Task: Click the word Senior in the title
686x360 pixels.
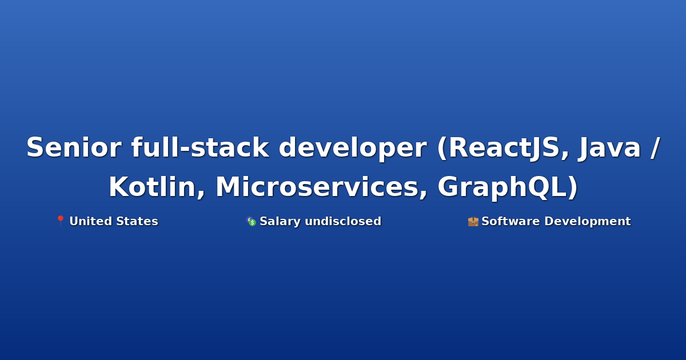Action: pyautogui.click(x=74, y=147)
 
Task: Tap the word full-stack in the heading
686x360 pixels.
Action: pyautogui.click(x=200, y=147)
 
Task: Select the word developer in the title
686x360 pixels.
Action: pyautogui.click(x=353, y=149)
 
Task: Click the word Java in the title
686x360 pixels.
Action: pyautogui.click(x=609, y=147)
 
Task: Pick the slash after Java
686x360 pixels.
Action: pyautogui.click(x=655, y=148)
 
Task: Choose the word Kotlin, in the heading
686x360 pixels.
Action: pyautogui.click(x=157, y=187)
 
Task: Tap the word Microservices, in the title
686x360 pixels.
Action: pyautogui.click(x=321, y=187)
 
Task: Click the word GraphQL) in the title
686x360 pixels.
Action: pyautogui.click(x=508, y=187)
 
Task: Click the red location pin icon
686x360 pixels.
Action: pyautogui.click(x=61, y=221)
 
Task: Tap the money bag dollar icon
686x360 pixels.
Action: pyautogui.click(x=251, y=221)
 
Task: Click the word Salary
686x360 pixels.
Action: pyautogui.click(x=280, y=222)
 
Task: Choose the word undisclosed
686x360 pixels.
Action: pyautogui.click(x=343, y=221)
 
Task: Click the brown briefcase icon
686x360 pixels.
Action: pyautogui.click(x=473, y=221)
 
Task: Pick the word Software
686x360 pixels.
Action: pyautogui.click(x=510, y=221)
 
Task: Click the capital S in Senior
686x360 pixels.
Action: pyautogui.click(x=35, y=147)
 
